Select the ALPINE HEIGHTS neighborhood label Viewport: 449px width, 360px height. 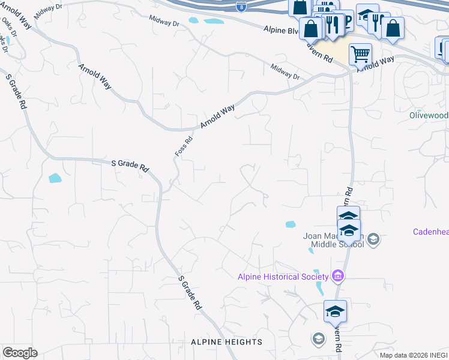pyautogui.click(x=226, y=342)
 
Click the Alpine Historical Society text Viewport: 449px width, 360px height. pyautogui.click(x=283, y=276)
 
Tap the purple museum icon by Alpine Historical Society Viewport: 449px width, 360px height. pyautogui.click(x=338, y=276)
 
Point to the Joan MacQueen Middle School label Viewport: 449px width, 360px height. pyautogui.click(x=333, y=240)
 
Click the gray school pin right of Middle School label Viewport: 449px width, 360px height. pyautogui.click(x=373, y=239)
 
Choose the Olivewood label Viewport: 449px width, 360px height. pyautogui.click(x=429, y=115)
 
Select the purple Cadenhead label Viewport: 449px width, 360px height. pyautogui.click(x=430, y=232)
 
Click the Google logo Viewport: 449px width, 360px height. pyautogui.click(x=20, y=353)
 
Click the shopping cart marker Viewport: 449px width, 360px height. pyautogui.click(x=360, y=54)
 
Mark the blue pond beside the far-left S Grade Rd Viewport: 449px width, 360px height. pyautogui.click(x=55, y=178)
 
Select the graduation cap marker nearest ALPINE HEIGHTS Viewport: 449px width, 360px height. pyautogui.click(x=335, y=311)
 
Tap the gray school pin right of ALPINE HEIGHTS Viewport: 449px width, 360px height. pyautogui.click(x=318, y=339)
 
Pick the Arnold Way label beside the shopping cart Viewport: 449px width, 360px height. pyautogui.click(x=376, y=64)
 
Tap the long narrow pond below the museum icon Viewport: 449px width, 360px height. pyautogui.click(x=319, y=288)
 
